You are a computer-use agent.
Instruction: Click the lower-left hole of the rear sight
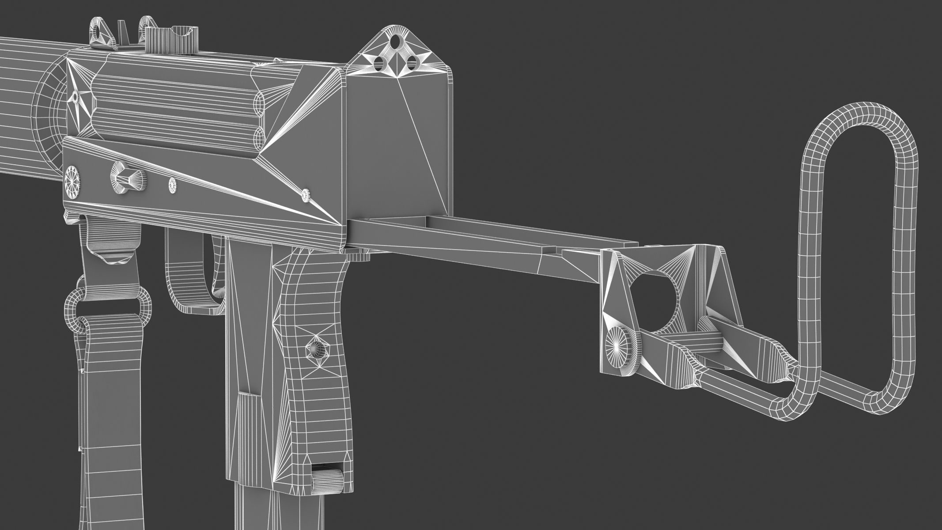coord(378,64)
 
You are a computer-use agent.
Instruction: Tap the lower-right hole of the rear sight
coord(412,64)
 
